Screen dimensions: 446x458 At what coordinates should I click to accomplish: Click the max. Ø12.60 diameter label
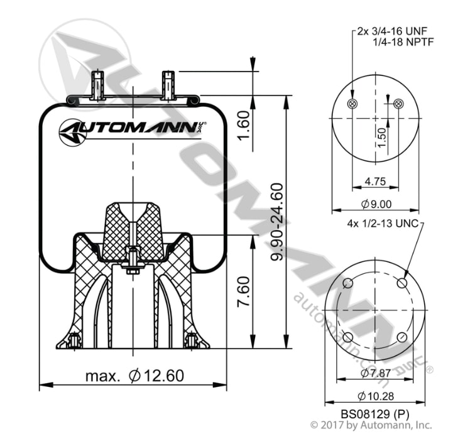click(x=135, y=376)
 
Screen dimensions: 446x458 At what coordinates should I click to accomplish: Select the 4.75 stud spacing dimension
click(x=376, y=182)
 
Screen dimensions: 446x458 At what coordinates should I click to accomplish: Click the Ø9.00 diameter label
click(x=376, y=203)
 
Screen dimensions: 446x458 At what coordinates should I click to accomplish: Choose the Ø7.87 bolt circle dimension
click(x=376, y=373)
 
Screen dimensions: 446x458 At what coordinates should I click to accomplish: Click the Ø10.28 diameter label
click(x=376, y=396)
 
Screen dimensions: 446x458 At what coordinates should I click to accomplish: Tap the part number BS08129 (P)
click(x=375, y=414)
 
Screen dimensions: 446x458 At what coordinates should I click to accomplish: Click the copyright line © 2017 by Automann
click(x=371, y=425)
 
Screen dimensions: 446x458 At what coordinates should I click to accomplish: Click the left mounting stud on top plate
click(x=97, y=85)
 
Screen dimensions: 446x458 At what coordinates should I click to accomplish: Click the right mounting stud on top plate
click(x=168, y=85)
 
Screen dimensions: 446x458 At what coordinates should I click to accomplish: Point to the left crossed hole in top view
click(x=352, y=104)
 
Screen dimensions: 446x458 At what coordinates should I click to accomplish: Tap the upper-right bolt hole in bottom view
click(x=403, y=283)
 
